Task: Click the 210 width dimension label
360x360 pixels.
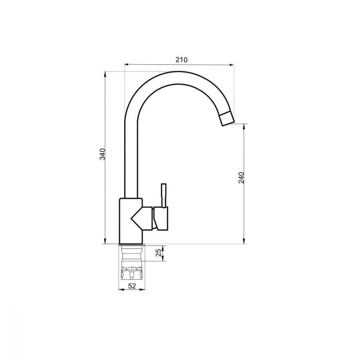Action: point(181,60)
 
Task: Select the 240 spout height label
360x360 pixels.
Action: point(242,178)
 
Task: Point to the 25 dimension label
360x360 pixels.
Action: point(158,253)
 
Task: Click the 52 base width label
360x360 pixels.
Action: point(132,286)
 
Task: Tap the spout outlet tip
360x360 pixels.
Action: point(227,119)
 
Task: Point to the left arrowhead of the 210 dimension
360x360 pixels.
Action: point(126,65)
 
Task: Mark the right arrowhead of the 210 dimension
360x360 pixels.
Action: point(232,65)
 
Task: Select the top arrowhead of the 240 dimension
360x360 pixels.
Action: point(245,126)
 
